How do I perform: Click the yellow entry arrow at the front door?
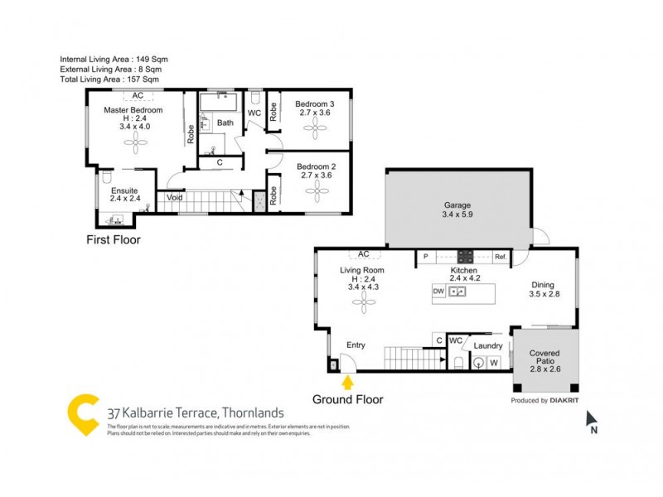tap(347, 382)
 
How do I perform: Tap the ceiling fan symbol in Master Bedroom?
tap(136, 142)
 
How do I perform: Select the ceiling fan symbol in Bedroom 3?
tap(314, 127)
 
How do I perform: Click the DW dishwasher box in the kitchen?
tap(439, 292)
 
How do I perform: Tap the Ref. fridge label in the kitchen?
tap(500, 258)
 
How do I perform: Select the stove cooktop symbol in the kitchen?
tap(466, 257)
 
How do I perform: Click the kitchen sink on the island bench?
tap(457, 292)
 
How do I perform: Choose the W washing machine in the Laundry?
tap(494, 362)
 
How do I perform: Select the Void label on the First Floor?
tap(174, 198)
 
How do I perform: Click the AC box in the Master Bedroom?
tap(138, 96)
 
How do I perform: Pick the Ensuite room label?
tap(124, 191)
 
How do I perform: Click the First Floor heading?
tap(114, 240)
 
